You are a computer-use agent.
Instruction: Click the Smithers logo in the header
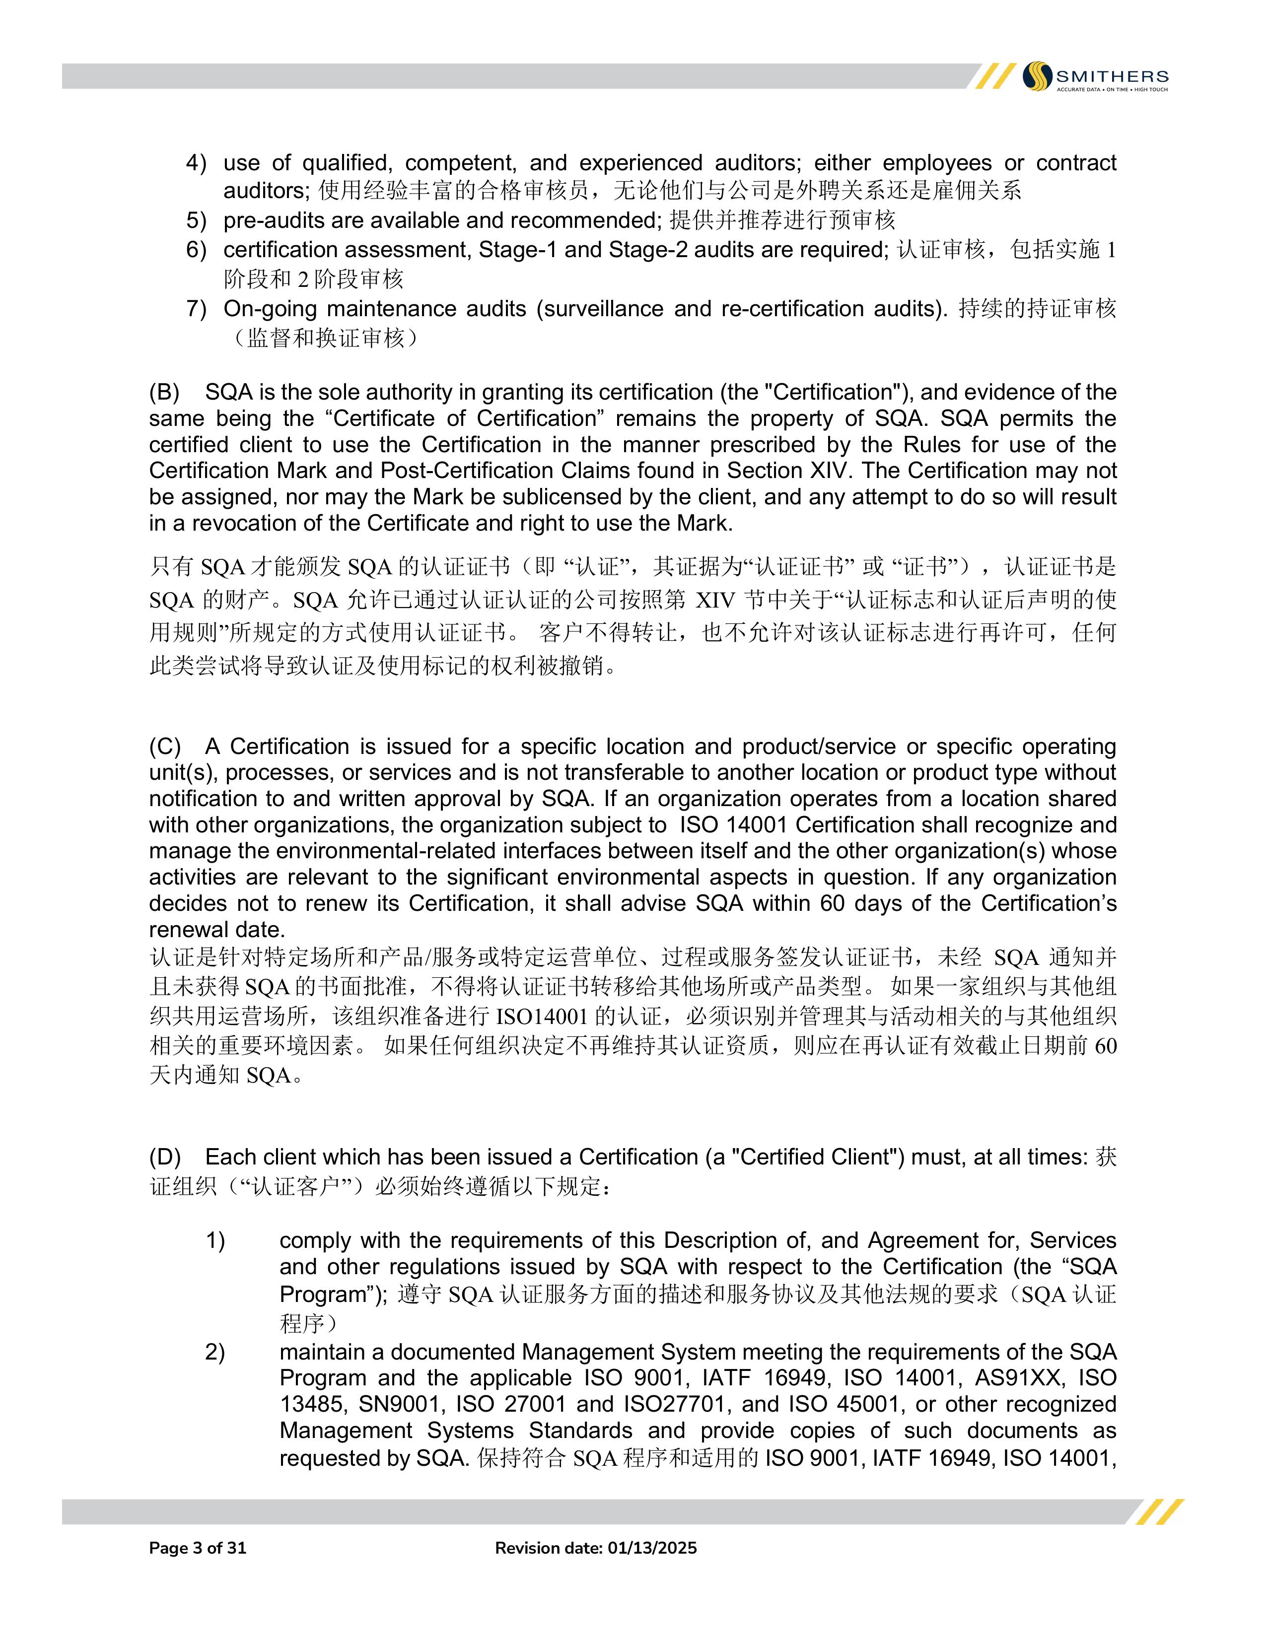[1094, 76]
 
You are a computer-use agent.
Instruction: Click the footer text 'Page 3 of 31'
[198, 1548]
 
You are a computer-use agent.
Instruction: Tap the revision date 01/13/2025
[652, 1548]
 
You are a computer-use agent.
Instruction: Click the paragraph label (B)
[164, 392]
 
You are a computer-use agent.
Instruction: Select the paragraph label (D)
[165, 1157]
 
